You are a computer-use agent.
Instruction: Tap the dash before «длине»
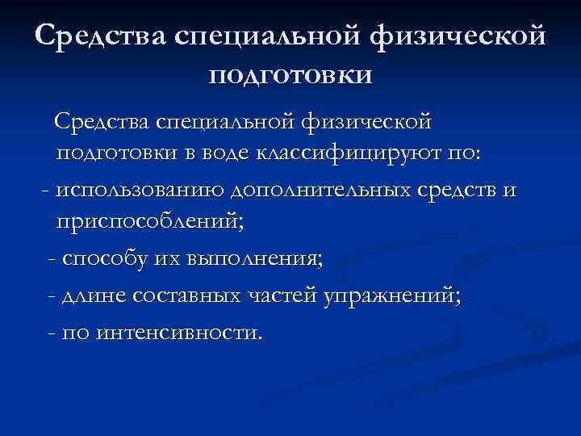click(x=52, y=297)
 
